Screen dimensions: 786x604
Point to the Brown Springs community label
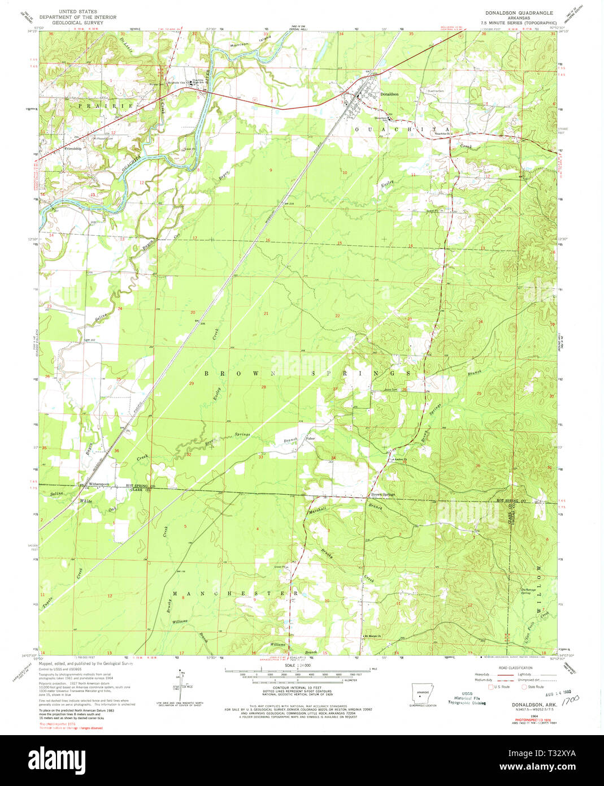pos(383,494)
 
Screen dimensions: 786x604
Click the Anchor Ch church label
pos(402,459)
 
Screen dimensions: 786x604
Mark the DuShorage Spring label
pos(528,591)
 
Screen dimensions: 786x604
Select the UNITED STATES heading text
pos(77,11)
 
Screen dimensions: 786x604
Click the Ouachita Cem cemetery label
pos(436,91)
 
